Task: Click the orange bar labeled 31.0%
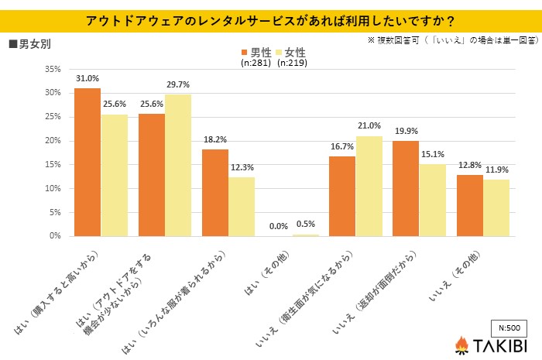pos(87,162)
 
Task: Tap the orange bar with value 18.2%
pos(215,192)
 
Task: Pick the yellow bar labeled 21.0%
pos(369,186)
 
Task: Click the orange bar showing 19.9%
pos(406,188)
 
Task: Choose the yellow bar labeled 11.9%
pos(496,207)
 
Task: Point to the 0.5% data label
pos(305,225)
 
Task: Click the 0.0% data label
pos(279,226)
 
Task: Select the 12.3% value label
pos(242,167)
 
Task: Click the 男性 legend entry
pos(256,52)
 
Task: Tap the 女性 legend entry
pos(290,52)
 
